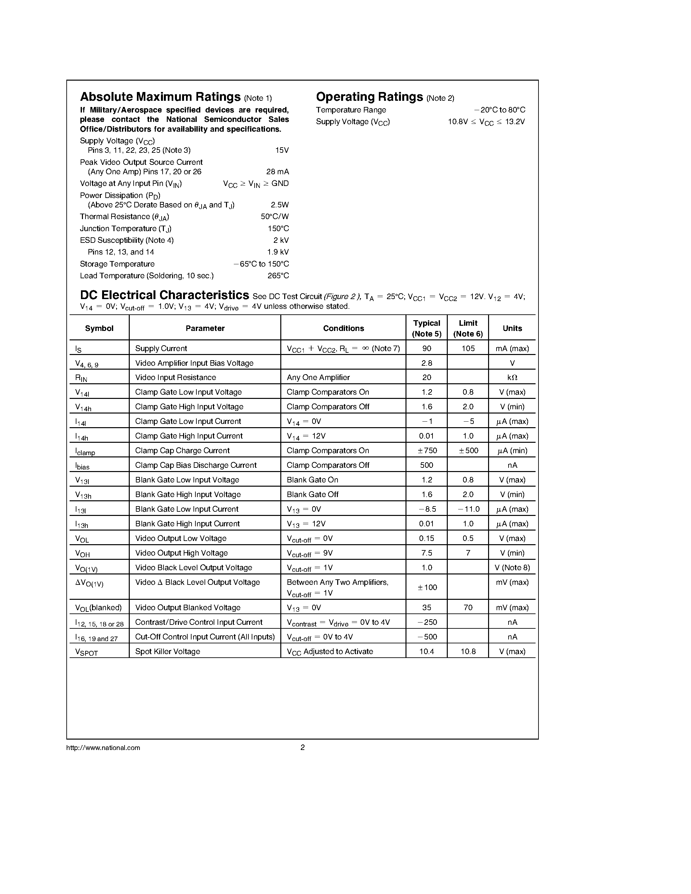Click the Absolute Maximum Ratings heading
click(x=160, y=97)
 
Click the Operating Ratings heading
click(x=369, y=97)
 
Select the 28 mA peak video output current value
click(x=278, y=172)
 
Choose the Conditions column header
click(x=343, y=328)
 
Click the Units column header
click(x=512, y=328)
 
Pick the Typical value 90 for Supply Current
click(x=427, y=348)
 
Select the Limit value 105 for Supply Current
click(x=468, y=348)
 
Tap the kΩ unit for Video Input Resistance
click(x=512, y=377)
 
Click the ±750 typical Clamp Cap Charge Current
click(x=427, y=451)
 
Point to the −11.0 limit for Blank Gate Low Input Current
click(x=468, y=509)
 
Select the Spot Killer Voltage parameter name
click(x=167, y=651)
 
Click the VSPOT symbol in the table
click(x=86, y=652)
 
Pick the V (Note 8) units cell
click(x=512, y=568)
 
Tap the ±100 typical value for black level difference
click(x=427, y=587)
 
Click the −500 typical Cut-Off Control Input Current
click(x=427, y=637)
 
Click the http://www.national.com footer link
click(x=103, y=748)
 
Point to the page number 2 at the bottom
click(x=302, y=747)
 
